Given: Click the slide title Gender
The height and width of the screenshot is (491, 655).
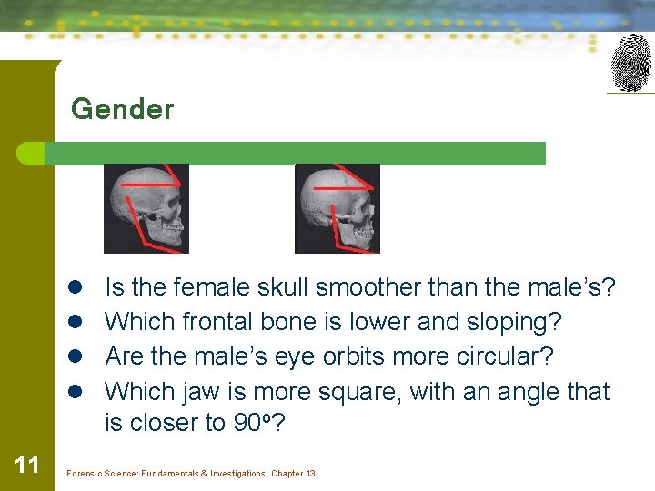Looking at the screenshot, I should click(122, 109).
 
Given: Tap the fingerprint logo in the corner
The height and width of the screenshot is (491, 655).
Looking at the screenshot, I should click(630, 63).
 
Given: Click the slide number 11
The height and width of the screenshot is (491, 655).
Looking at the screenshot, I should click(27, 466).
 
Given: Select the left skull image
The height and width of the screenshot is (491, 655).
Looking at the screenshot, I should click(146, 208).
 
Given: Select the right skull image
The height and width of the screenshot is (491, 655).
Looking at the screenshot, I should click(338, 208).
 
